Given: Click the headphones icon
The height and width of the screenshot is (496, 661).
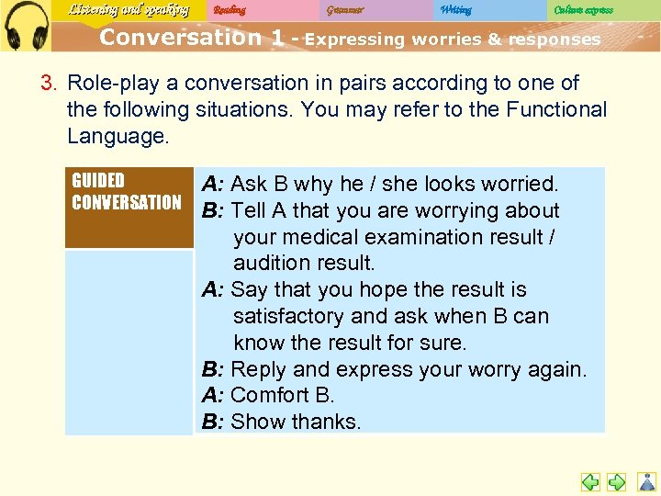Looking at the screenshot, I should [26, 25].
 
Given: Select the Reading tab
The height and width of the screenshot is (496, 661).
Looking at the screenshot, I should [230, 10].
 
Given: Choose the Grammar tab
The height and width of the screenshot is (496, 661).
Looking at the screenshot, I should [344, 10].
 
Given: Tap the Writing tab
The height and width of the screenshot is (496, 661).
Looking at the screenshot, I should [455, 10].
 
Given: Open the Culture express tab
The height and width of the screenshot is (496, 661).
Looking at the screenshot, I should [583, 10].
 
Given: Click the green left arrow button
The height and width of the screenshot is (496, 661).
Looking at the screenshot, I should [590, 481].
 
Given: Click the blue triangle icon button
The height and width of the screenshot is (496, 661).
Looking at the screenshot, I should [647, 481].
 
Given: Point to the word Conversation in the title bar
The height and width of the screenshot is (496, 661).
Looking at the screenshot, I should [180, 39].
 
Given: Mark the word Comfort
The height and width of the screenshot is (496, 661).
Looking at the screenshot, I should [270, 395].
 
